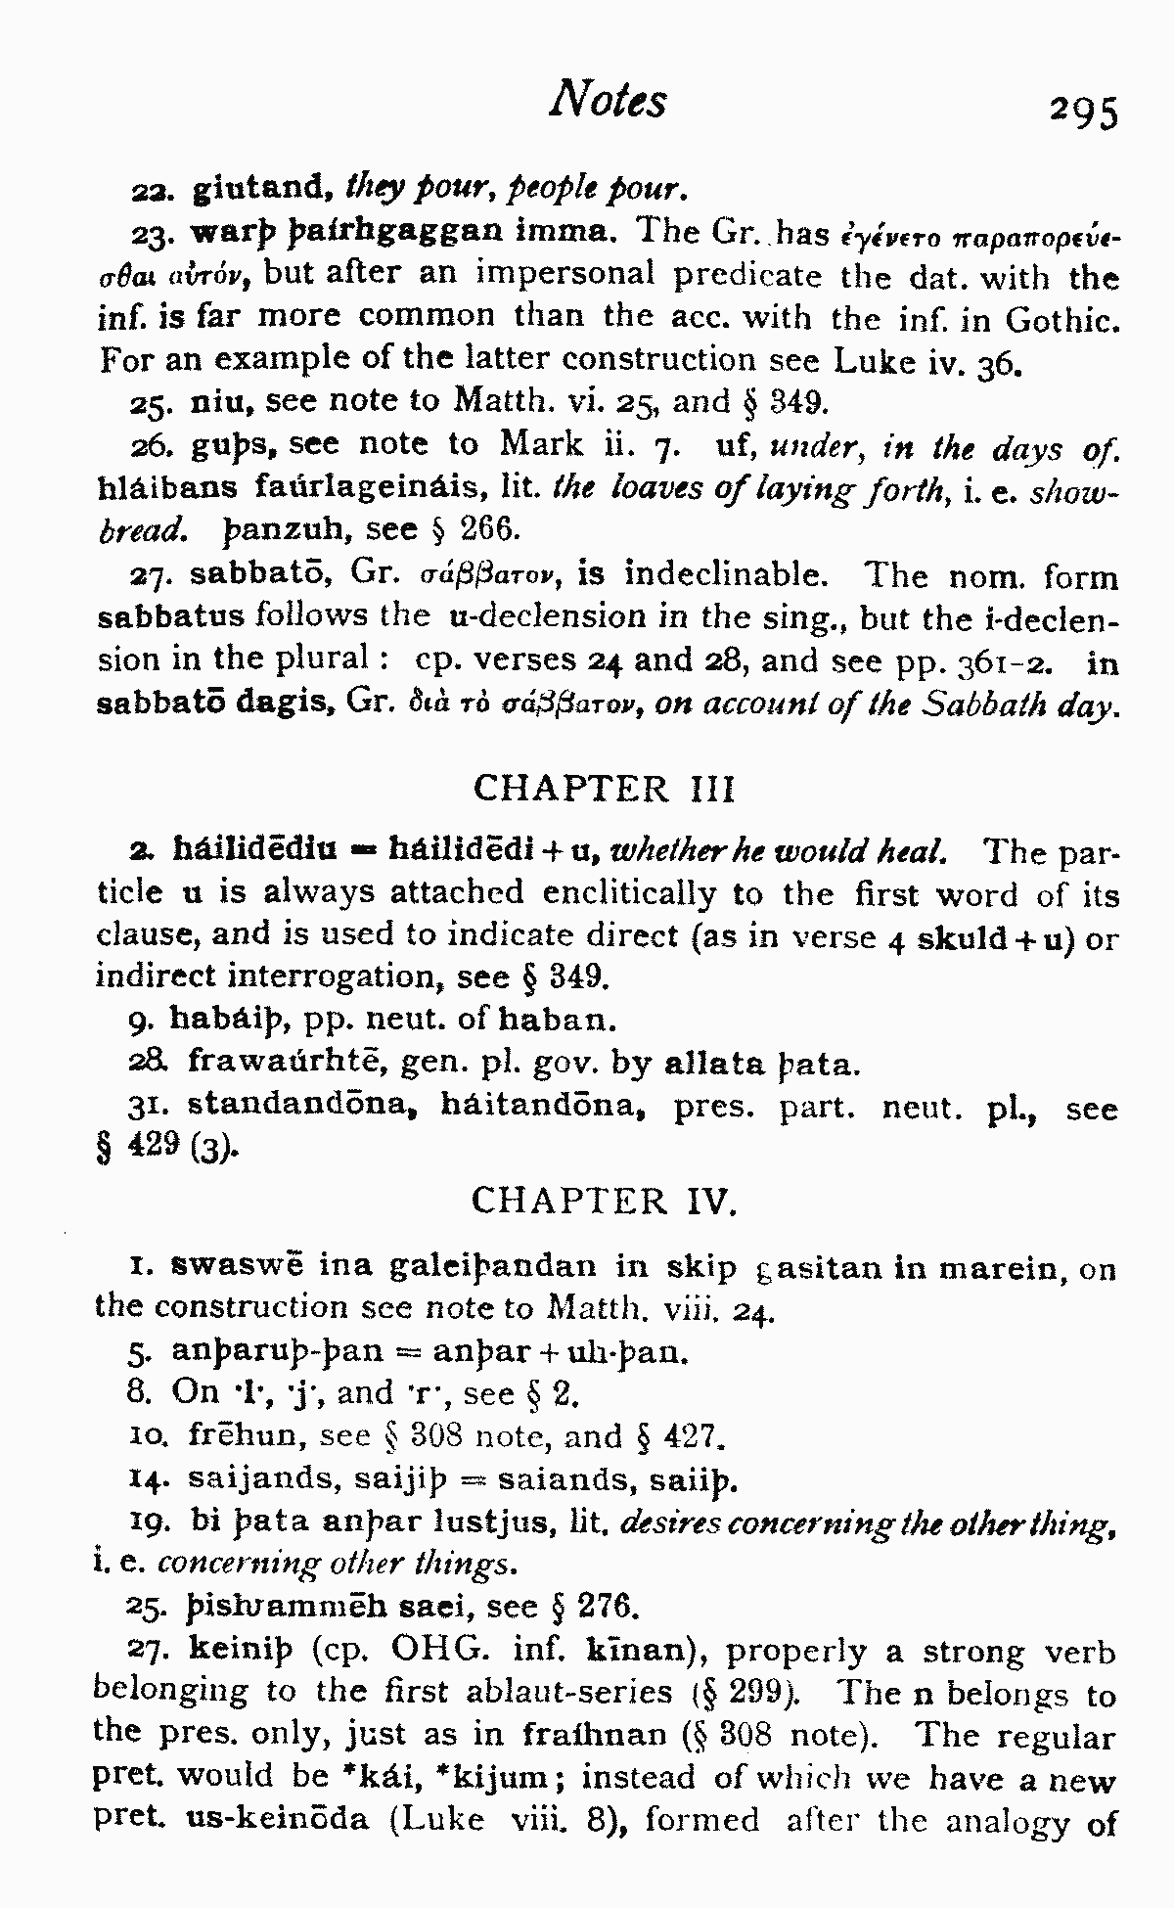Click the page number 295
[x=1082, y=112]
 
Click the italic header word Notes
[x=608, y=100]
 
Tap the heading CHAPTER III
[x=604, y=789]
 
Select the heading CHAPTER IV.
[x=603, y=1201]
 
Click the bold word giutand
[x=255, y=186]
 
